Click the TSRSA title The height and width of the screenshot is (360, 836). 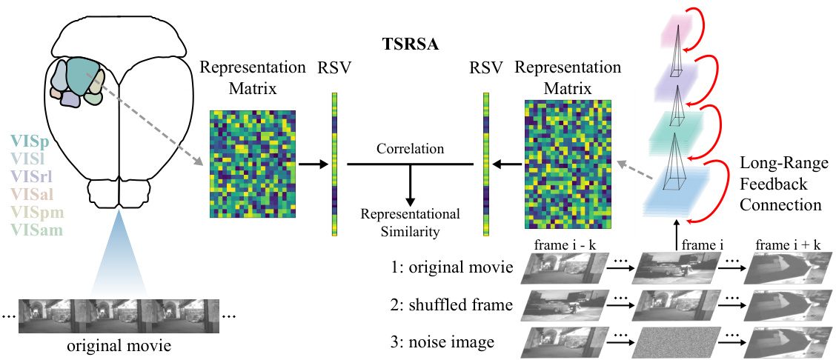coord(409,44)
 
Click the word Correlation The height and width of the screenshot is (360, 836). coord(410,149)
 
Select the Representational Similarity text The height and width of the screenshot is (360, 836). coord(410,222)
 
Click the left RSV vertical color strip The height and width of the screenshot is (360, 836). coord(335,164)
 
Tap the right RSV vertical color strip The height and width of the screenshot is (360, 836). coord(486,164)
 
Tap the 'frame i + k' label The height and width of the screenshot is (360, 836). coord(787,245)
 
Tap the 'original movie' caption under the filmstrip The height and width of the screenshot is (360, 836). coord(119,346)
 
